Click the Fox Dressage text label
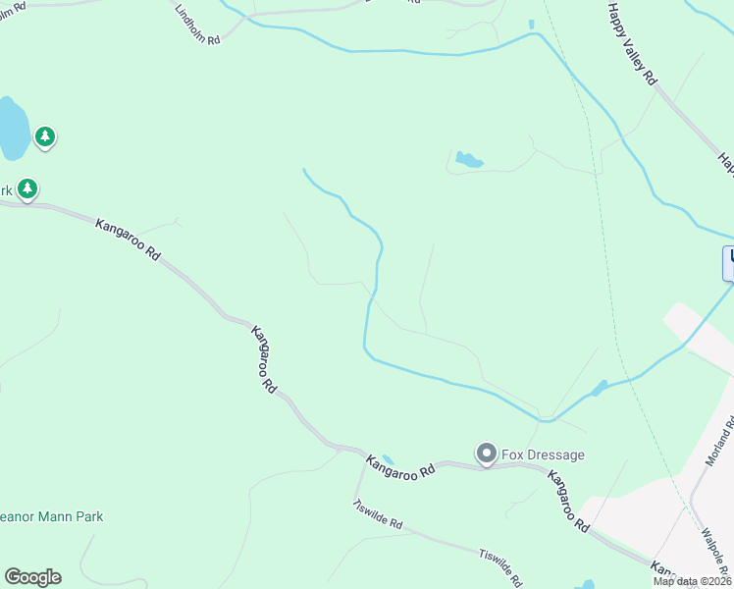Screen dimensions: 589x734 (x=543, y=455)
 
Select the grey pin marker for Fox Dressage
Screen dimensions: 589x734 (x=486, y=453)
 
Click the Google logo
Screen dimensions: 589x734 (x=32, y=577)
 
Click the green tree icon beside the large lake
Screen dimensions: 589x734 (x=44, y=136)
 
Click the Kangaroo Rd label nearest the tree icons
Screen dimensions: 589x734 (x=129, y=239)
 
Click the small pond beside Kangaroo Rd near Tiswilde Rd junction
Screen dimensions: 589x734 (x=388, y=458)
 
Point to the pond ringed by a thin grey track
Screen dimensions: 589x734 (x=468, y=159)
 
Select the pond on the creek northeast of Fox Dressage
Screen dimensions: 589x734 (x=599, y=388)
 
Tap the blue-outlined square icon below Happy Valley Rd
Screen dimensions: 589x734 (x=729, y=262)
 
